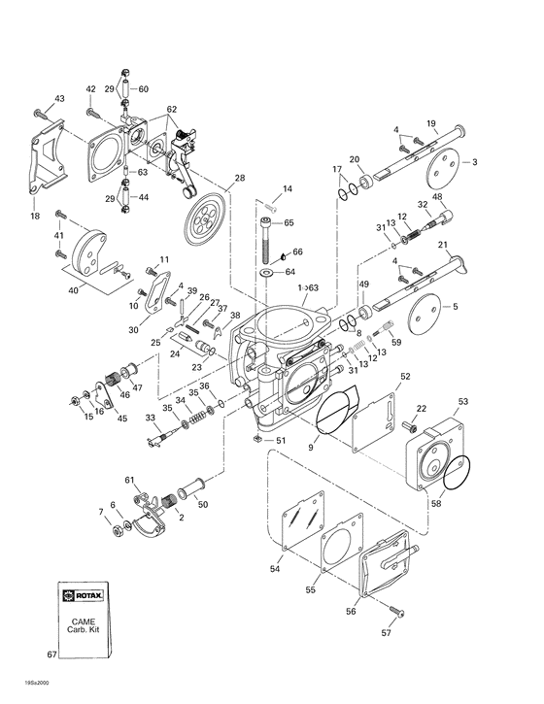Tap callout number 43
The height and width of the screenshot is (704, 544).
click(59, 99)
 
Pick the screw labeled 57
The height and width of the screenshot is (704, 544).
click(395, 610)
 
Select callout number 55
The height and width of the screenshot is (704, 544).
click(311, 589)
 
